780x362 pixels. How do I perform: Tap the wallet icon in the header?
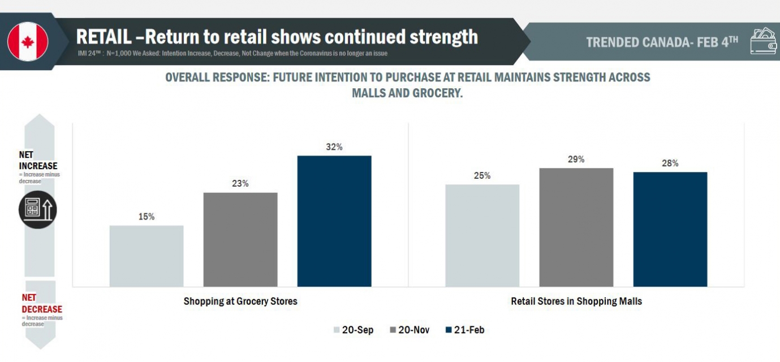point(764,41)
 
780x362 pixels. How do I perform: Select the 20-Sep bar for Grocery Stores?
point(146,256)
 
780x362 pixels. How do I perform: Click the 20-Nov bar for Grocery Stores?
point(240,239)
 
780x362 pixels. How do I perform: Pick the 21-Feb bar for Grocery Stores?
point(334,221)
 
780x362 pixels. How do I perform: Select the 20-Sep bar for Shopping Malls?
point(482,235)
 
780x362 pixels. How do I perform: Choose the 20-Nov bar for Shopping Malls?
point(576,227)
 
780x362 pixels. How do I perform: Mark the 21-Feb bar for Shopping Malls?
point(670,229)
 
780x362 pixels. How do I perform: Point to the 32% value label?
point(334,147)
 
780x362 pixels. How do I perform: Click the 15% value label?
point(146,217)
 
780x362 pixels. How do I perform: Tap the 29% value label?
point(576,160)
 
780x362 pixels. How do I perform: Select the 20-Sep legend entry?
point(354,330)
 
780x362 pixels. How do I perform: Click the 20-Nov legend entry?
point(410,330)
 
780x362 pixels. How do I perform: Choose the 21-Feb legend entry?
point(465,330)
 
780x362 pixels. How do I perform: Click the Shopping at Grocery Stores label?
point(240,301)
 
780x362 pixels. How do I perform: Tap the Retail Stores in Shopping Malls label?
point(576,301)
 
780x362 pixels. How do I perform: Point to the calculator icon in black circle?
point(38,209)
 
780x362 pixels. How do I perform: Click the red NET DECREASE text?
point(42,303)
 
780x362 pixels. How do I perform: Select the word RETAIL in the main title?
point(104,37)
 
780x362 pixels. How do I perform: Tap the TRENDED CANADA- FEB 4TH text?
point(662,42)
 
